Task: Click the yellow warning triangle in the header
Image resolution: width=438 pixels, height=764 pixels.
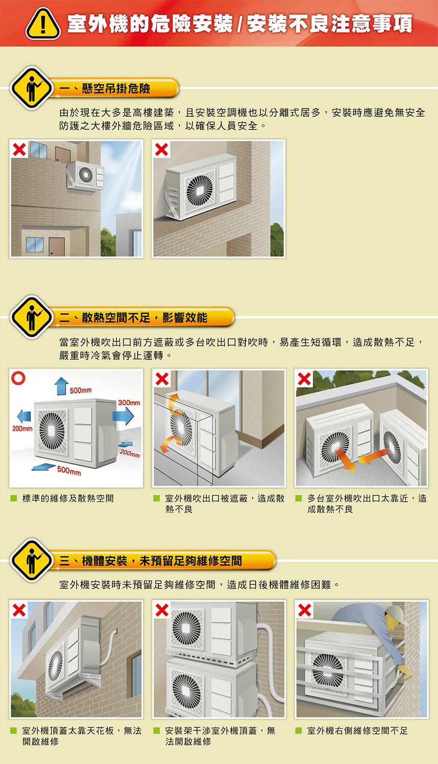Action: point(43,24)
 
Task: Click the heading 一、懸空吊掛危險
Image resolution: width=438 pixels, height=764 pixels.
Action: point(105,89)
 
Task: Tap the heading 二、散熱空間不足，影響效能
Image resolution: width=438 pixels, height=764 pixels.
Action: point(133,318)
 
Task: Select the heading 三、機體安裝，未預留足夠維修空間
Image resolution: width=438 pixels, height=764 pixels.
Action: point(151,561)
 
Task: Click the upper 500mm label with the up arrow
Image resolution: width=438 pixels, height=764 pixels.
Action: point(80,390)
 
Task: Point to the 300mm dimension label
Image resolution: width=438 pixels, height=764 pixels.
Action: point(129,402)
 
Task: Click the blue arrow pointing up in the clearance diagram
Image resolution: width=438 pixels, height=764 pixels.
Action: point(61,386)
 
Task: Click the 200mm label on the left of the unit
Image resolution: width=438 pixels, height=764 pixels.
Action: point(22,428)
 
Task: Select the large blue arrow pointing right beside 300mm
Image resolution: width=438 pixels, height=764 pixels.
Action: point(123,416)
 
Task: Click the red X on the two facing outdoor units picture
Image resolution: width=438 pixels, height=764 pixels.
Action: point(305,378)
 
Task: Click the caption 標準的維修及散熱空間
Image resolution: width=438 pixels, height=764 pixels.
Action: point(68,498)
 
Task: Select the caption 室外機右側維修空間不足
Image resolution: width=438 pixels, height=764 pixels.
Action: point(358,730)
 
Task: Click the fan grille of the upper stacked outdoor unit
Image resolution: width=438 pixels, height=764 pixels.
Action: point(186,627)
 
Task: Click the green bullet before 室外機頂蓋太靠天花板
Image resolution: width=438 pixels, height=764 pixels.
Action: point(14,730)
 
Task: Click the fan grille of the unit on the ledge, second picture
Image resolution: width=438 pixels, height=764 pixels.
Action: point(199,190)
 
